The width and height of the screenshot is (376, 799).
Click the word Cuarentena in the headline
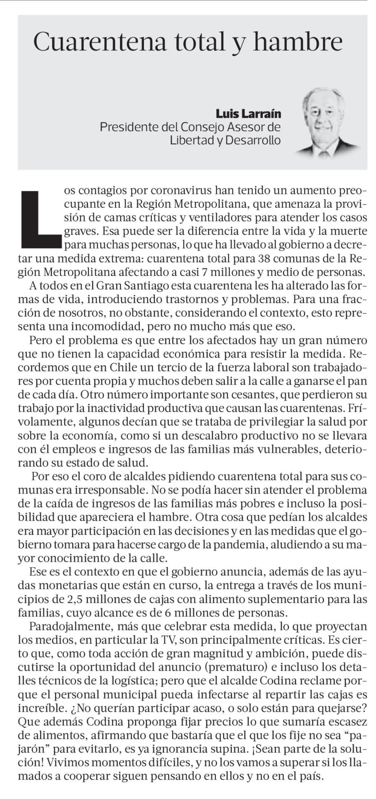coord(99,42)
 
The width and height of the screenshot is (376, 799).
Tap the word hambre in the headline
coord(297,42)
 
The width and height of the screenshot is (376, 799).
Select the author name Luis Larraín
coord(248,113)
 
